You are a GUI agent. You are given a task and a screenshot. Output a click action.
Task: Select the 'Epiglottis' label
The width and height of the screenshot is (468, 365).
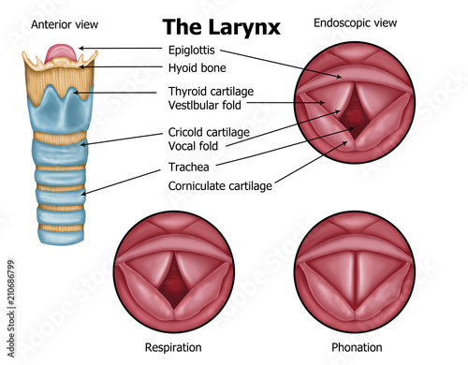pyautogui.click(x=193, y=49)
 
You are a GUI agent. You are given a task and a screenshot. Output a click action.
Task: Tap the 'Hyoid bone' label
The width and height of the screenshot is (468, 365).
pyautogui.click(x=197, y=67)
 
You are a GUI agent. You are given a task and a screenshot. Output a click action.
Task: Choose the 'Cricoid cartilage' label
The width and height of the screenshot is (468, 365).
pyautogui.click(x=210, y=133)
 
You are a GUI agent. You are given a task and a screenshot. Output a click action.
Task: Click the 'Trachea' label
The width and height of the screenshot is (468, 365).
pyautogui.click(x=188, y=169)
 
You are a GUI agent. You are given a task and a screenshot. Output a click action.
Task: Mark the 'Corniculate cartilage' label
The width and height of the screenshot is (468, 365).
pyautogui.click(x=220, y=185)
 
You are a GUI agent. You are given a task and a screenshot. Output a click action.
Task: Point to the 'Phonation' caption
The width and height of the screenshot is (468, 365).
pyautogui.click(x=357, y=348)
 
